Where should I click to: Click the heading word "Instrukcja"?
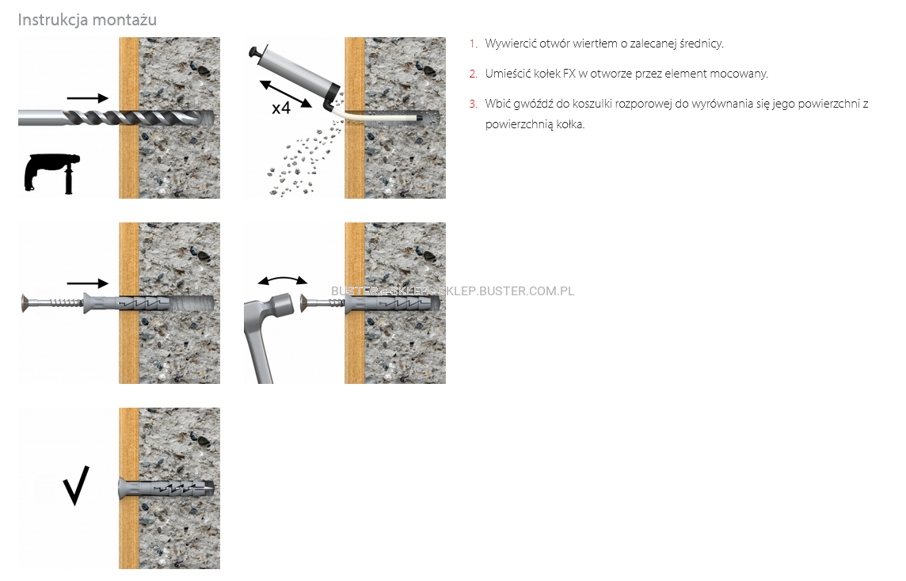pos(52,21)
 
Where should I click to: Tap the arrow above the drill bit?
pos(87,98)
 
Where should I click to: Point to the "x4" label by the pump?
pos(281,108)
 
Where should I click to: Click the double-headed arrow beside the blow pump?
pos(285,93)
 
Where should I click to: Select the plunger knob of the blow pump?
pos(254,53)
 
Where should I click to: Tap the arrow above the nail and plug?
pos(87,283)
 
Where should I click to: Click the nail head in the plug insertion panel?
pos(25,303)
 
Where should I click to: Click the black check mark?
pos(76,485)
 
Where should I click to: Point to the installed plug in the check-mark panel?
pos(166,489)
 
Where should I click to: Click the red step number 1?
pos(474,44)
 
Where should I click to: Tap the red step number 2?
pos(474,74)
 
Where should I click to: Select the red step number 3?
pos(474,104)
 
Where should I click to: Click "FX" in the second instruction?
pos(569,74)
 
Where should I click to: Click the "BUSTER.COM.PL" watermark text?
pos(527,291)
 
